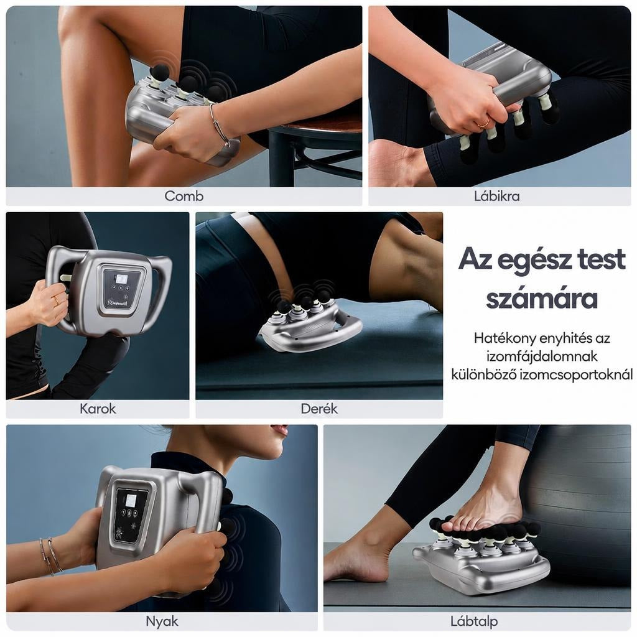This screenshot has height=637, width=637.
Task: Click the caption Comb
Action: pyautogui.click(x=184, y=196)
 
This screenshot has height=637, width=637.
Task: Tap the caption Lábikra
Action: pyautogui.click(x=496, y=196)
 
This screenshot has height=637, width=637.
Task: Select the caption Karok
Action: pyautogui.click(x=98, y=408)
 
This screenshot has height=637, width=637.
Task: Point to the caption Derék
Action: pyautogui.click(x=319, y=408)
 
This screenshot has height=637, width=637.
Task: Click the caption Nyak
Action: pyautogui.click(x=162, y=621)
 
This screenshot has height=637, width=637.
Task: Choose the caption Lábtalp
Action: pyautogui.click(x=473, y=621)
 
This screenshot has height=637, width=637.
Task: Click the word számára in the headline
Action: pyautogui.click(x=542, y=299)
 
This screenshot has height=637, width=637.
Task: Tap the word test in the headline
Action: pyautogui.click(x=602, y=259)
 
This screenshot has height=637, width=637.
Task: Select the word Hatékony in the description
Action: pyautogui.click(x=501, y=338)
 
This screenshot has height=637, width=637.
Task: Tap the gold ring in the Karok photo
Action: pyautogui.click(x=56, y=300)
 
